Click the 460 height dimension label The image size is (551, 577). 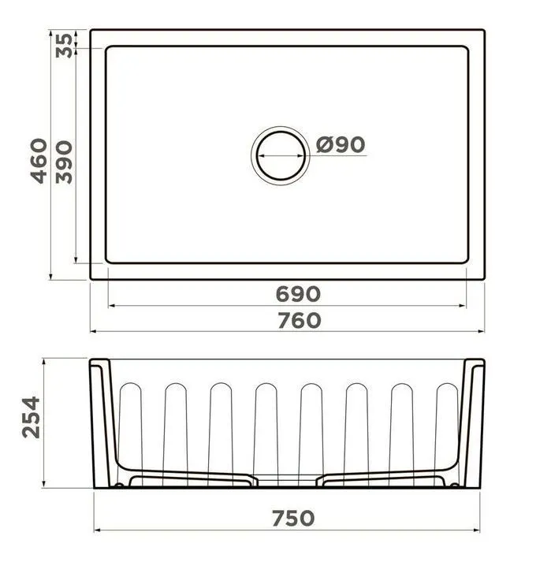(39, 161)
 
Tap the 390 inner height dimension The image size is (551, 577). (64, 162)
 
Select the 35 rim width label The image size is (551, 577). (64, 46)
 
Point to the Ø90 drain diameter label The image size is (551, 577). (341, 144)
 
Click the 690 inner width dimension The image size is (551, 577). (298, 294)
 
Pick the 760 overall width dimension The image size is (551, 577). (300, 320)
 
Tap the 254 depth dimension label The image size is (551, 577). (31, 417)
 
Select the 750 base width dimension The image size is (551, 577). (293, 518)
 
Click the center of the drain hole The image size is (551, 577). (281, 155)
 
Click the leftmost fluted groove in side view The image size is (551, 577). (130, 434)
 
